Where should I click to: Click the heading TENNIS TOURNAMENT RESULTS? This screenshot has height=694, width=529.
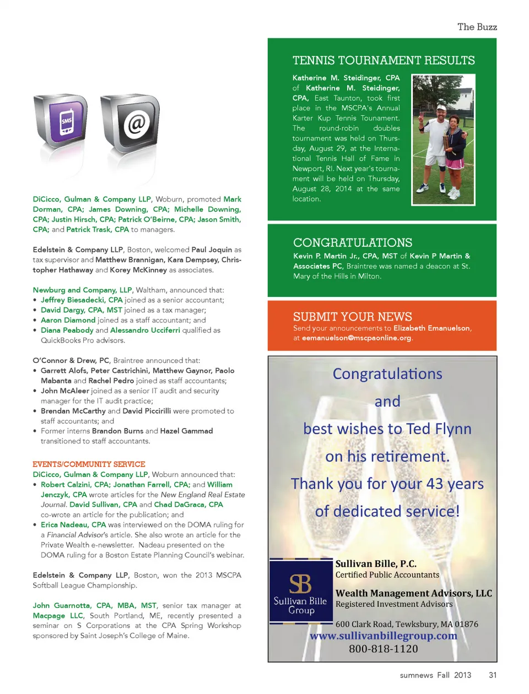click(384, 61)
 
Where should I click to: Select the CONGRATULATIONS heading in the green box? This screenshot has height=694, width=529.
click(353, 242)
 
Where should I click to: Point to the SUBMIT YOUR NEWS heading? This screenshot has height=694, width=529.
click(353, 317)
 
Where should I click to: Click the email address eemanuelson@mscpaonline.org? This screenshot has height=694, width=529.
click(357, 338)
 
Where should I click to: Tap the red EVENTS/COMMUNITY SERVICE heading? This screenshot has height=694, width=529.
click(89, 464)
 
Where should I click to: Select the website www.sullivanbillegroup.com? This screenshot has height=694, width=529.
click(384, 636)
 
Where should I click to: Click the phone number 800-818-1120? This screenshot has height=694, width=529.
click(384, 649)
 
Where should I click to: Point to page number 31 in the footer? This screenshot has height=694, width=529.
click(493, 675)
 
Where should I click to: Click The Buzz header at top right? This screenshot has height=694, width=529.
click(477, 27)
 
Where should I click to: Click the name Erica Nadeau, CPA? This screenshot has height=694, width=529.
click(73, 525)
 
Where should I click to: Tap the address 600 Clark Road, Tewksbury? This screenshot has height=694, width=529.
click(407, 624)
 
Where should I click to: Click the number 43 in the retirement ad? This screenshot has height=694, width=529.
click(435, 484)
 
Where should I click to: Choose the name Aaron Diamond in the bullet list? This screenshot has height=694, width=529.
click(68, 320)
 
